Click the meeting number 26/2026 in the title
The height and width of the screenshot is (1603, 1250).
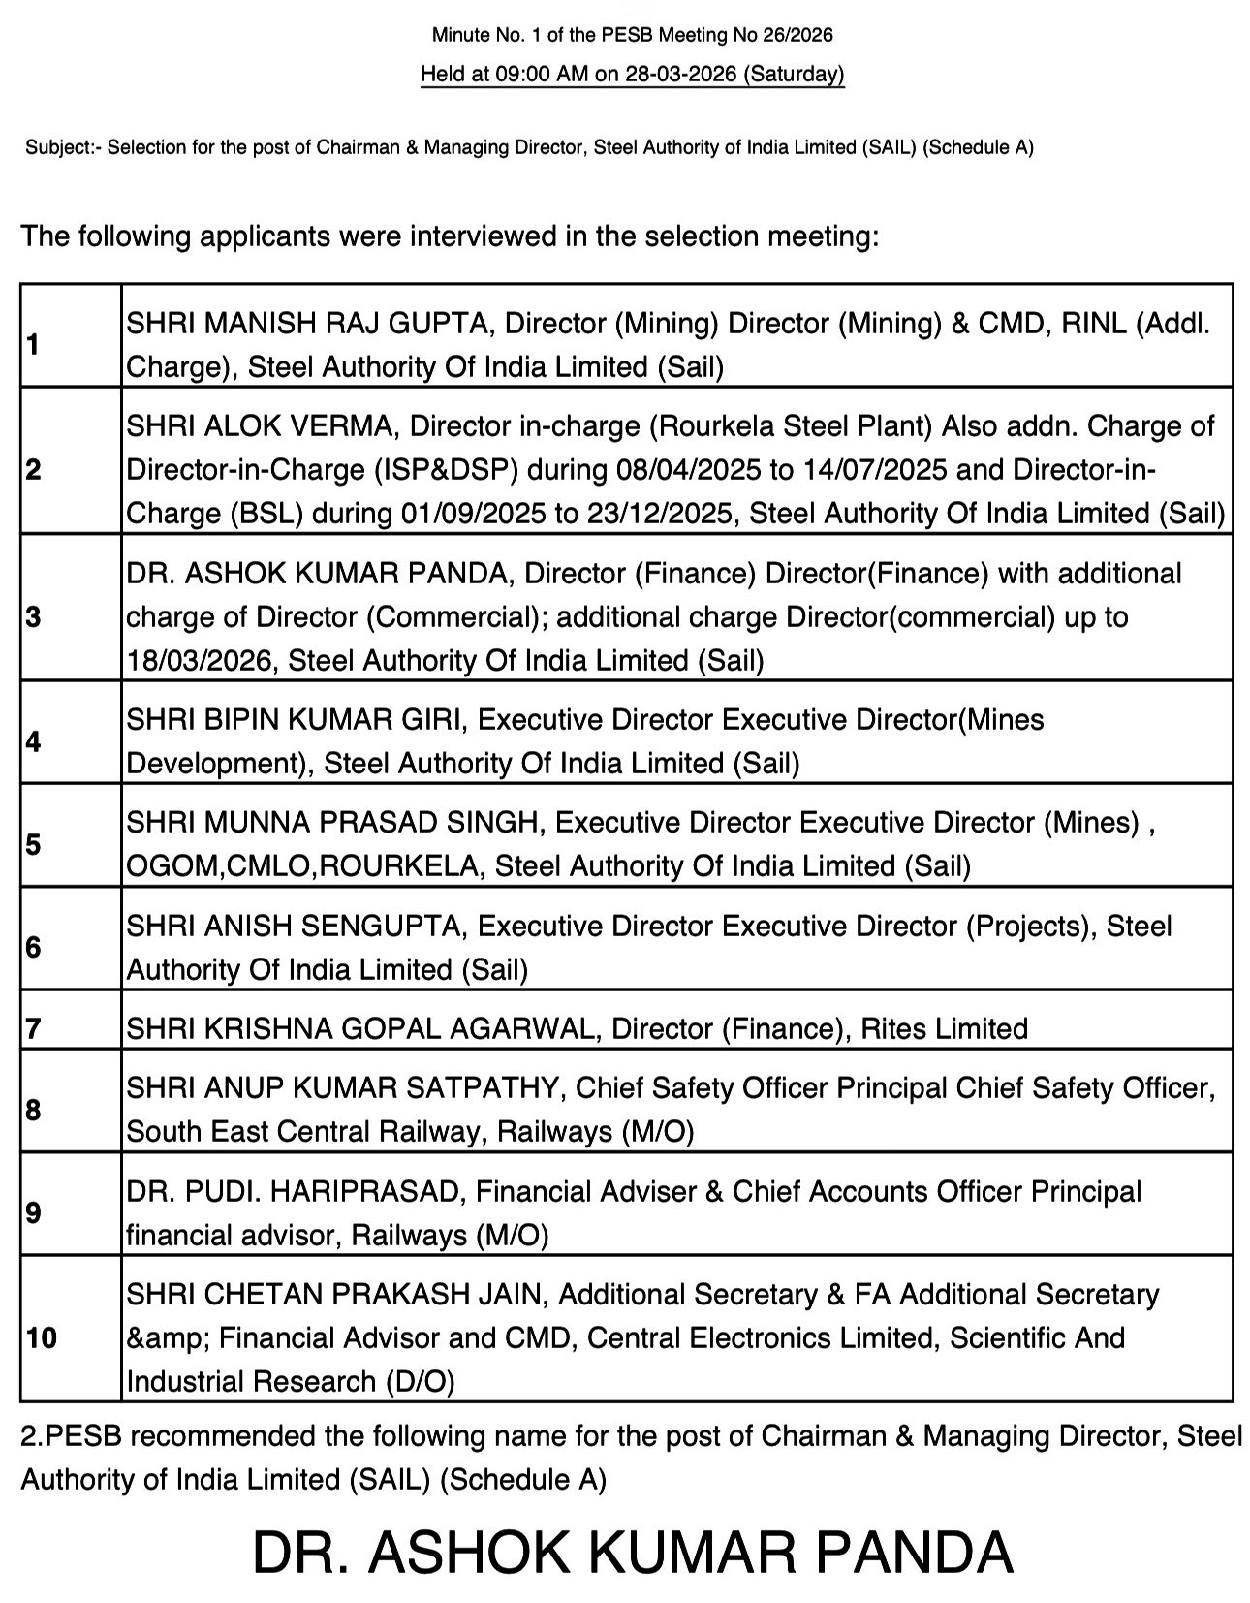(794, 36)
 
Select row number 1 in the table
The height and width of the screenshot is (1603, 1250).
(34, 344)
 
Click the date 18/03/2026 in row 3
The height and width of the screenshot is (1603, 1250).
(199, 661)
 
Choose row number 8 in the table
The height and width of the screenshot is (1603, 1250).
(34, 1110)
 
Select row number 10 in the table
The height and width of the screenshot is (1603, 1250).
(42, 1338)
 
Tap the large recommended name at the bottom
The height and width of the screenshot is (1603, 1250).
(632, 1552)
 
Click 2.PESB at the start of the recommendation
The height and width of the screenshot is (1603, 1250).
(72, 1435)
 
